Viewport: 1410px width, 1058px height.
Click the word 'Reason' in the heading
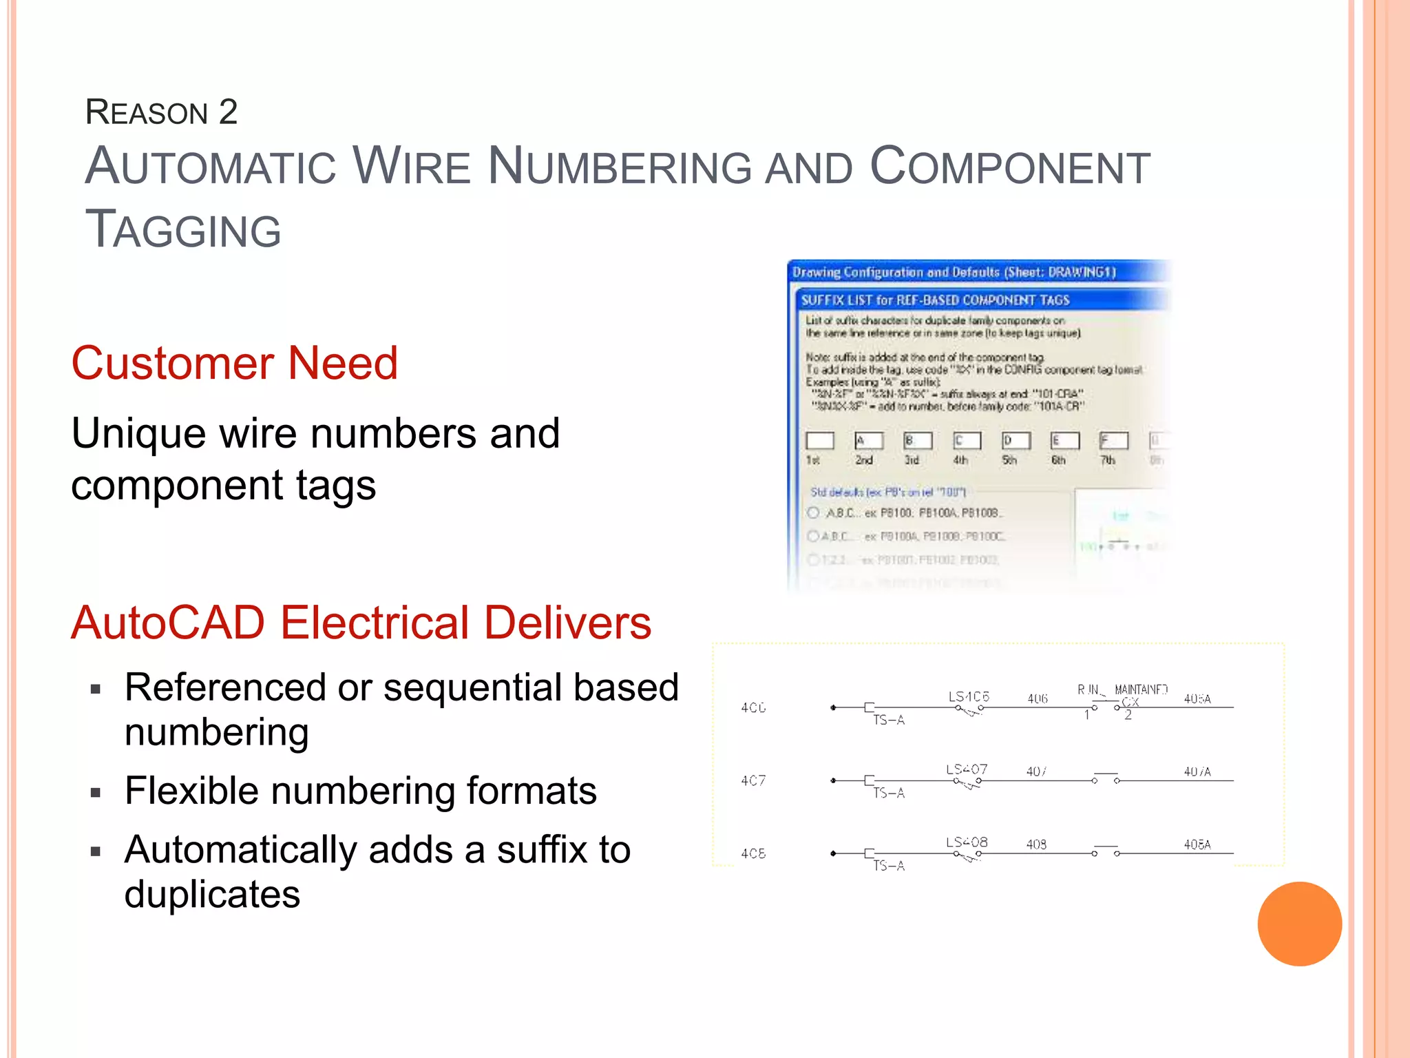147,112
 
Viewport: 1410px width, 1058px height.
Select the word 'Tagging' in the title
183,229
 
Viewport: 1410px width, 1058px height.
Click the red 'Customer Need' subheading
234,363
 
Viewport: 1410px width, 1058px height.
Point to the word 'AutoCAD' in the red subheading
168,623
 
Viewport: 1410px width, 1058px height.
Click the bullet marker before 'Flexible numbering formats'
96,793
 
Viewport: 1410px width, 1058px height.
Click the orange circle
1299,924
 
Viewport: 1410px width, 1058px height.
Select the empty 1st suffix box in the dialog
819,440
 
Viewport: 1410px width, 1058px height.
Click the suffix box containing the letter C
967,440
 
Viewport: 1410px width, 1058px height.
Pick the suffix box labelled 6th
1064,440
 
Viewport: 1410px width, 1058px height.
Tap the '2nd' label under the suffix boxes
864,460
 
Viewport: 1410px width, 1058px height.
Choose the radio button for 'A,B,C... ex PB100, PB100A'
813,512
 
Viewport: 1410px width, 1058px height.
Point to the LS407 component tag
967,769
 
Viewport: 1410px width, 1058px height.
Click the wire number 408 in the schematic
1036,844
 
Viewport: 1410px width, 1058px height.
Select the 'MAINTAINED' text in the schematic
1141,689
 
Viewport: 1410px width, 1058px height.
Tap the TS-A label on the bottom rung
889,866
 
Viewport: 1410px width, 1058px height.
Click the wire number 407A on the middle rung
1197,772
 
